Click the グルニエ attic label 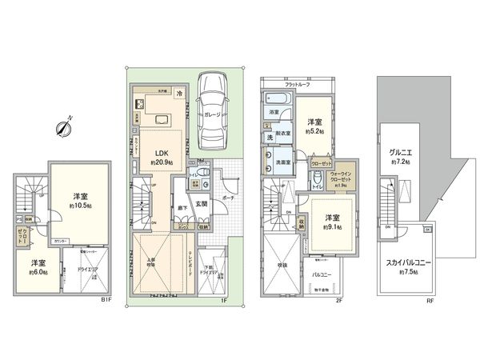[401, 151]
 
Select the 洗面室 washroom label [279, 162]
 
